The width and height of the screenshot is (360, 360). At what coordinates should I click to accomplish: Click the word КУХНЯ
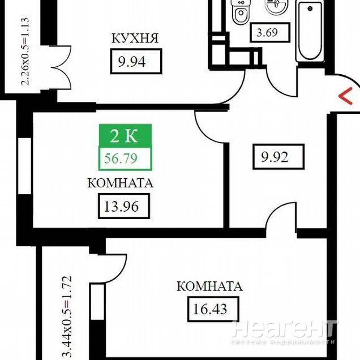[135, 38]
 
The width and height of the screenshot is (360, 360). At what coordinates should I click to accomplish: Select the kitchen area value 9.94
[132, 62]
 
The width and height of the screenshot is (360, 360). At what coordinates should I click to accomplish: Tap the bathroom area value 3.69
[267, 32]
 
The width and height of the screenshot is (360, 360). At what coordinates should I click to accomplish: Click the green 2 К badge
[125, 136]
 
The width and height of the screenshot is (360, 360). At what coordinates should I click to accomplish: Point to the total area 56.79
[121, 158]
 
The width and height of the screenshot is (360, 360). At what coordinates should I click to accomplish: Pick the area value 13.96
[122, 206]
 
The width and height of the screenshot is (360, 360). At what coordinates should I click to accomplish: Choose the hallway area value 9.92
[275, 157]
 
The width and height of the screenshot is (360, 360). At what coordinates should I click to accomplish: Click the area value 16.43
[210, 309]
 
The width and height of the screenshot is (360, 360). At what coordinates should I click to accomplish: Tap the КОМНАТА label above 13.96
[121, 183]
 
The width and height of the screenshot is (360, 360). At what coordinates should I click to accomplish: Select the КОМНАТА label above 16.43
[209, 286]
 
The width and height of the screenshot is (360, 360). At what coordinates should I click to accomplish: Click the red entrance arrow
[346, 96]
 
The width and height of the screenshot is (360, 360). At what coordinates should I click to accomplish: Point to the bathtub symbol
[310, 32]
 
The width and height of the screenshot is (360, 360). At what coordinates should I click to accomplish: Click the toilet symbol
[240, 12]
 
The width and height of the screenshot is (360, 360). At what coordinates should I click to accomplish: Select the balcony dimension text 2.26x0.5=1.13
[25, 52]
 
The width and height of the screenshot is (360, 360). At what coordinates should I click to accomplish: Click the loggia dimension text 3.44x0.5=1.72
[67, 318]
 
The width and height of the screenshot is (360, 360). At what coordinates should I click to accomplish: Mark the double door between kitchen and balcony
[61, 68]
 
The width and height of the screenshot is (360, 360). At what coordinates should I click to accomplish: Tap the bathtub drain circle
[310, 8]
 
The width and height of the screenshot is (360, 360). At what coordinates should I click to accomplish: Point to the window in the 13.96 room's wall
[24, 166]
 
